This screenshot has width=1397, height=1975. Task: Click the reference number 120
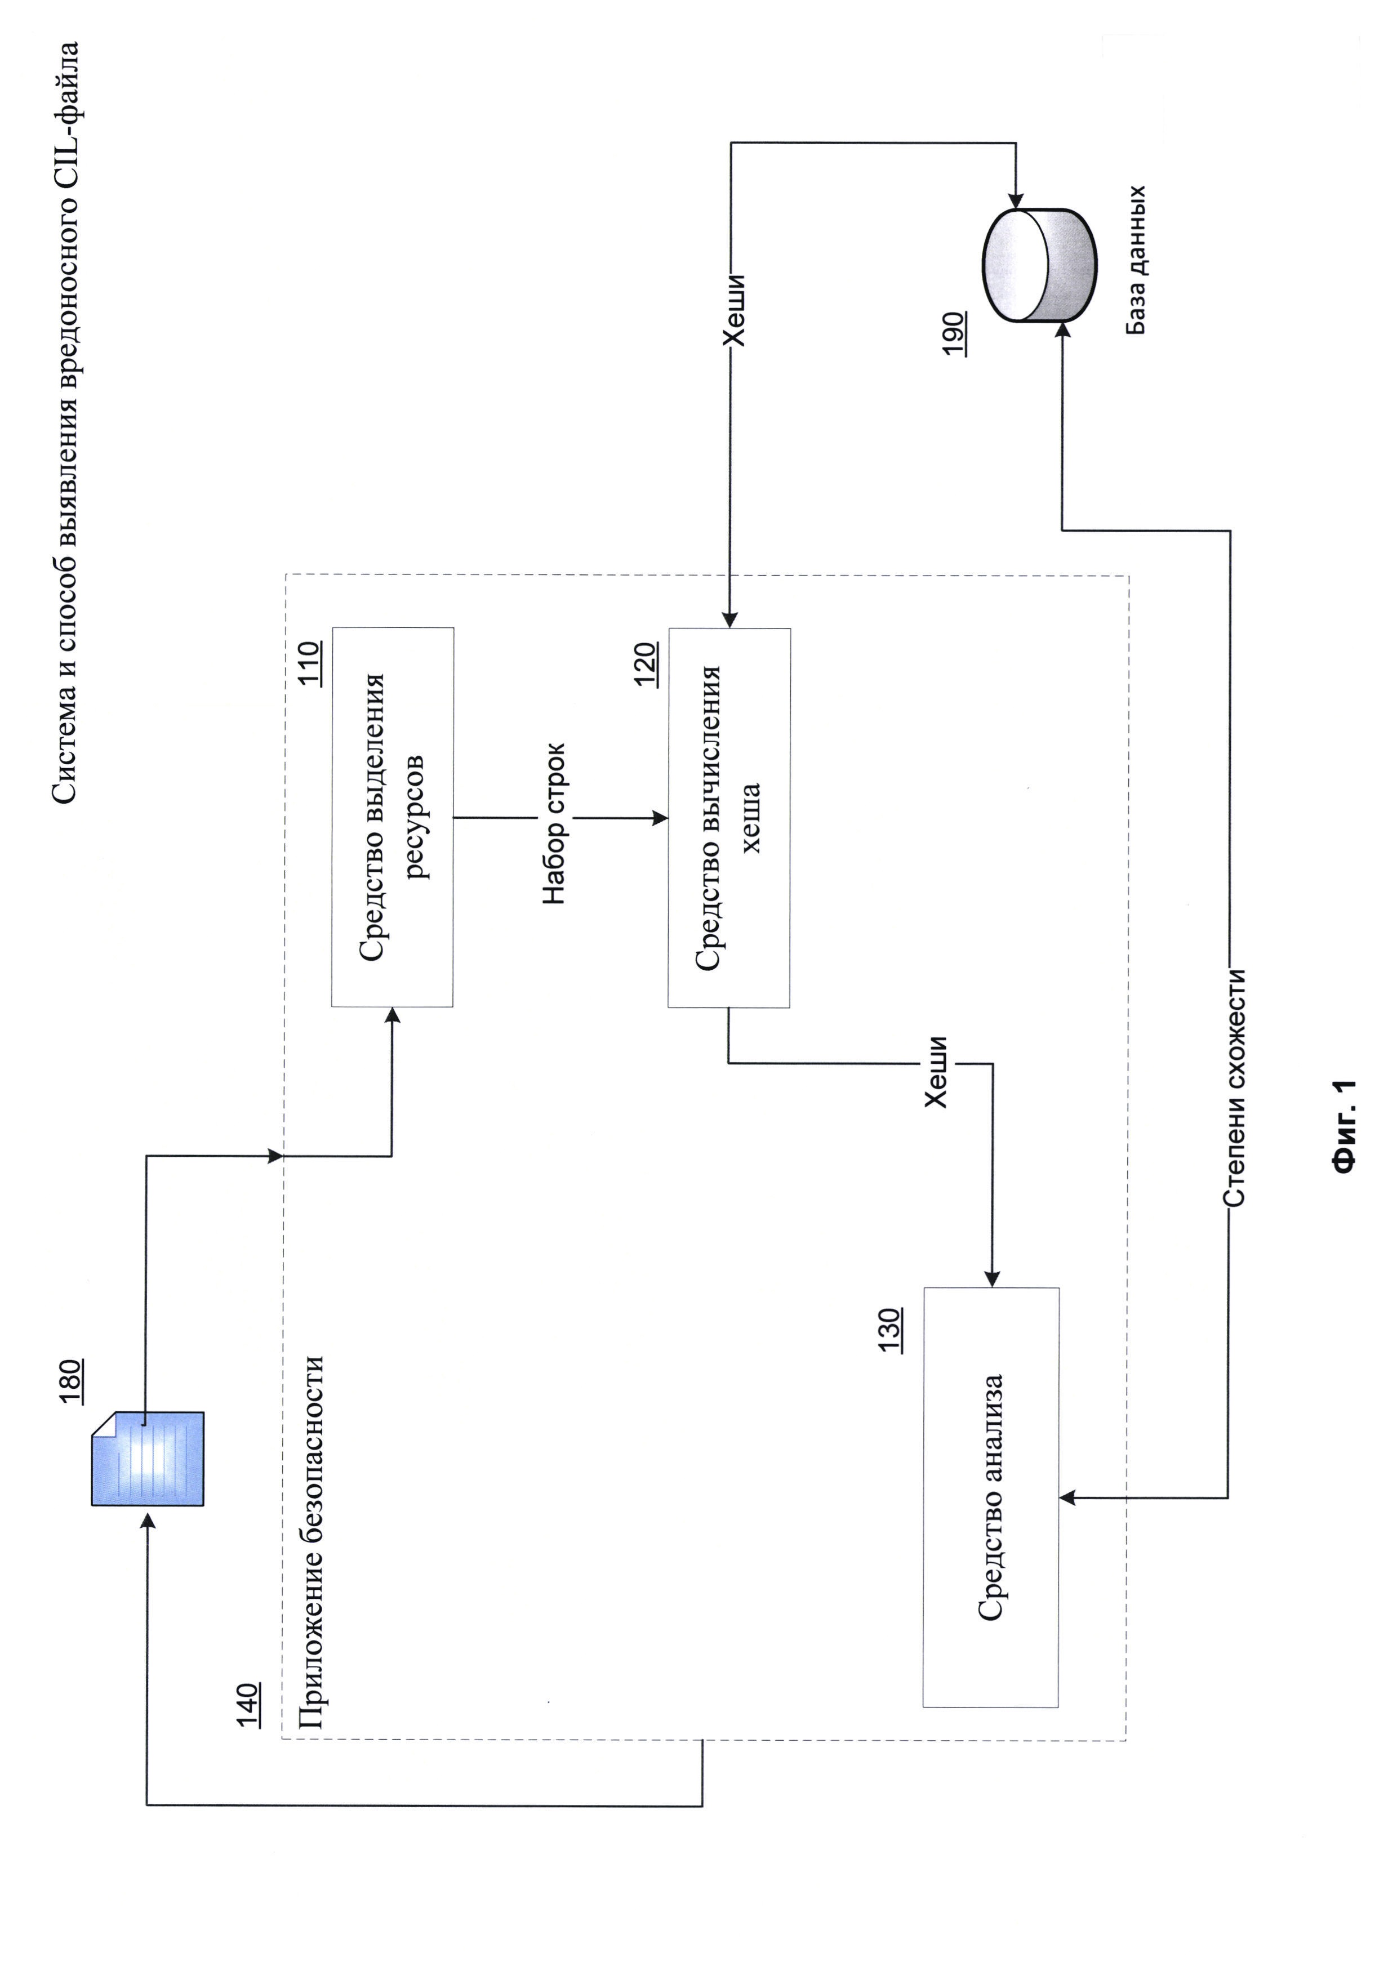[645, 664]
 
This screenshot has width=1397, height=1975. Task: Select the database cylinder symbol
[1039, 265]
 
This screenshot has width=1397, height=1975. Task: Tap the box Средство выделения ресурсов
[392, 817]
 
